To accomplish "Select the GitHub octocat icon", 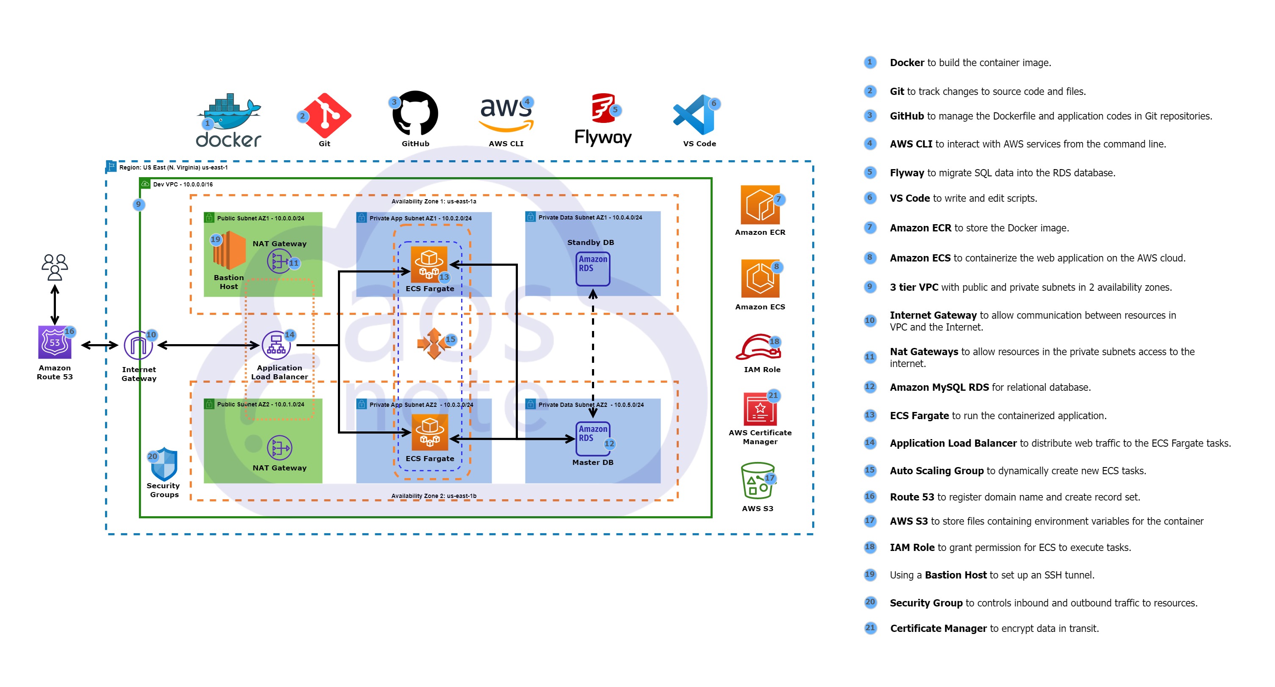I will click(415, 113).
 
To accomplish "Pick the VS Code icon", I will click(694, 115).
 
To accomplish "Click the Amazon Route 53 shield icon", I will click(55, 342).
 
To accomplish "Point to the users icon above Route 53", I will click(55, 267).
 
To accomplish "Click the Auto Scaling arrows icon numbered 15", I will click(434, 343).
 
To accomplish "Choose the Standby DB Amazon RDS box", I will click(592, 268).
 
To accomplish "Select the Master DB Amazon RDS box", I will click(592, 438).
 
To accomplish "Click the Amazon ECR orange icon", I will click(760, 205).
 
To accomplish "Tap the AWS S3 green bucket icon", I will click(757, 481).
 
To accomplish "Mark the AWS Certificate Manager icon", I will click(760, 409).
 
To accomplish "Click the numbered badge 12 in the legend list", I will click(870, 387).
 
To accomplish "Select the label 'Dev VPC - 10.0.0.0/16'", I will click(183, 184).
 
